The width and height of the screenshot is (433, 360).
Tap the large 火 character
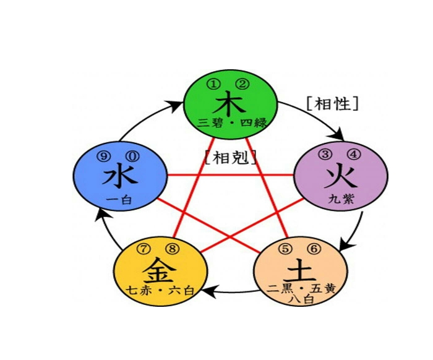(340, 176)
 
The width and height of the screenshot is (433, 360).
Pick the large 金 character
(159, 270)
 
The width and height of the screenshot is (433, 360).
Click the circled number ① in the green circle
(213, 84)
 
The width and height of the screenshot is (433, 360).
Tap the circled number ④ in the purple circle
(354, 155)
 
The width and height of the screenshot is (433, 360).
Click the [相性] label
(332, 103)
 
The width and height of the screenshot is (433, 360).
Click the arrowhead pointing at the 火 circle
(340, 134)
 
